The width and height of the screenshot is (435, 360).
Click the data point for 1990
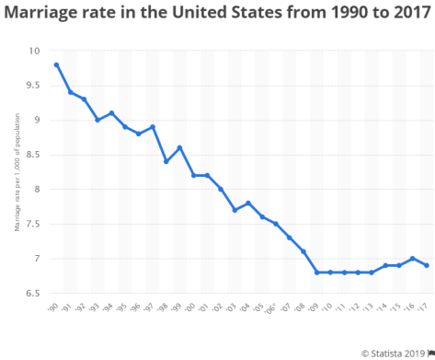[x=56, y=64]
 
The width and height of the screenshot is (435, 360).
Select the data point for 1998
[x=166, y=161]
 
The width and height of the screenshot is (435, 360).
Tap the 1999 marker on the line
[x=179, y=147]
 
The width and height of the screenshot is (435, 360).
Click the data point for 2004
[x=248, y=203]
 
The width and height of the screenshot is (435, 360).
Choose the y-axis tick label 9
[x=36, y=120]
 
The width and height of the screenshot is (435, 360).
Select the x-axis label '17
[x=425, y=307]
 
